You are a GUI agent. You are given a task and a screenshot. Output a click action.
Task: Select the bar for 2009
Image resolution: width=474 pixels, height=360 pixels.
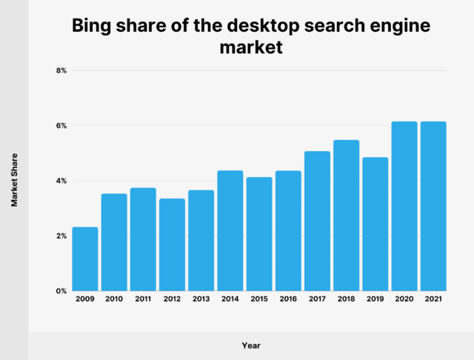(85, 259)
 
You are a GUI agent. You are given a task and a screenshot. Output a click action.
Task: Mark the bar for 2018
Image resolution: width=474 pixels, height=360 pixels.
(347, 215)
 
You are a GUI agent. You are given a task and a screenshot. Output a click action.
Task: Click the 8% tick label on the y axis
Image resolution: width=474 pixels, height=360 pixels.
(61, 70)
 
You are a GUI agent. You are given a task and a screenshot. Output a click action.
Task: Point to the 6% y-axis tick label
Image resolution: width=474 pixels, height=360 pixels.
(61, 126)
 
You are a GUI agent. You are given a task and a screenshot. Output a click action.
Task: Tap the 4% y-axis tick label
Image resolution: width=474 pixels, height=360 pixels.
(61, 181)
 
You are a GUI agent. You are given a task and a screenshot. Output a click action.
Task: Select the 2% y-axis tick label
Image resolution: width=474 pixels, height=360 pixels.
(61, 236)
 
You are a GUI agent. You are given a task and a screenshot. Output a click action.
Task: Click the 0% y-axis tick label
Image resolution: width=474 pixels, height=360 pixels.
(61, 291)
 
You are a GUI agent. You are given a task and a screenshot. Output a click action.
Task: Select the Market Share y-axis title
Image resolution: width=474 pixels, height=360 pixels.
(15, 180)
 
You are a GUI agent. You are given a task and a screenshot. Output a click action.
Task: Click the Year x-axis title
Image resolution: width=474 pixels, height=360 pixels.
(251, 345)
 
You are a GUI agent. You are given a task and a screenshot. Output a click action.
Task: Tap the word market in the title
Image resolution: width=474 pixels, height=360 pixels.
(252, 47)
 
